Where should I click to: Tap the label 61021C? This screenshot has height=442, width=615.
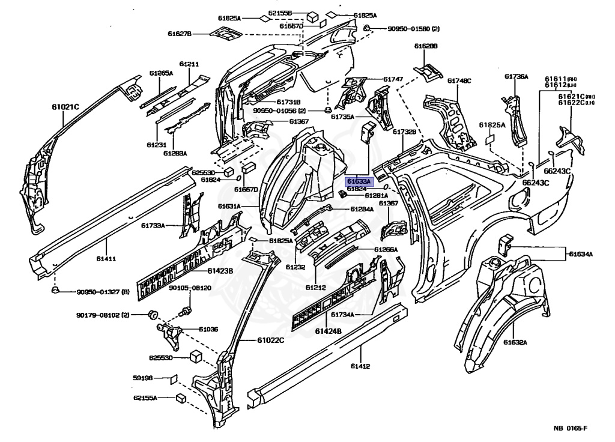point(65,107)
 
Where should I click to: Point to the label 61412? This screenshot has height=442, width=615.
point(360,366)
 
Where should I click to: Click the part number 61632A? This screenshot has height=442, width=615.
point(515,342)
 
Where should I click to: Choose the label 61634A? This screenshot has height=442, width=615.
point(581,254)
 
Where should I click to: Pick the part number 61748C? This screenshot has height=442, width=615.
point(459,80)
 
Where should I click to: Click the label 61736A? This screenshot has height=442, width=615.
point(516,76)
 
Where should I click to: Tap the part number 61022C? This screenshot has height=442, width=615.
point(270,341)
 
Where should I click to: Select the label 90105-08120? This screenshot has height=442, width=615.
point(190,288)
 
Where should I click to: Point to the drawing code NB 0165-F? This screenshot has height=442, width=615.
point(570,428)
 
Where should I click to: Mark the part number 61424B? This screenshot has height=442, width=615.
point(329,331)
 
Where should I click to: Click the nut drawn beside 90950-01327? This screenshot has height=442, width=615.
point(55,291)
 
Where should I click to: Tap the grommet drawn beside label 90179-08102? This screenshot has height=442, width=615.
point(152,313)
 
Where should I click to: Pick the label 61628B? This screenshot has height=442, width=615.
point(426,46)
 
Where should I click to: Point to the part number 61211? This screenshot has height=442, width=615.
point(189,64)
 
